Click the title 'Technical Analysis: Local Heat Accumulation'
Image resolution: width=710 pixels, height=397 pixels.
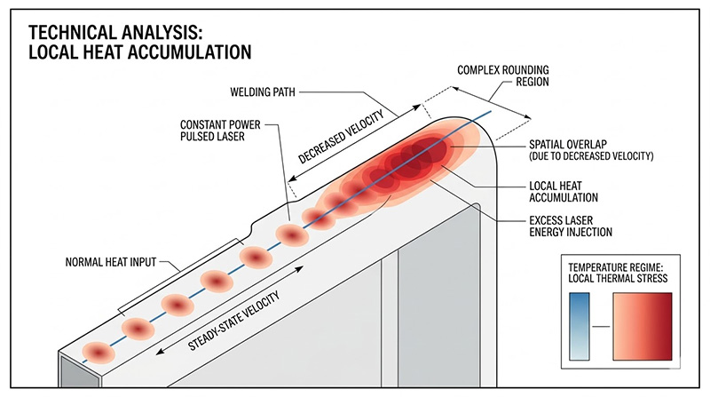[142, 42]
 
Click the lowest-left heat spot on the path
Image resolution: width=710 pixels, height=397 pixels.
[99, 353]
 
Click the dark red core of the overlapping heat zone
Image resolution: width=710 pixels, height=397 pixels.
[423, 156]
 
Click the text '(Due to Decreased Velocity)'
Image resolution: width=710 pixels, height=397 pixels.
[590, 156]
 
